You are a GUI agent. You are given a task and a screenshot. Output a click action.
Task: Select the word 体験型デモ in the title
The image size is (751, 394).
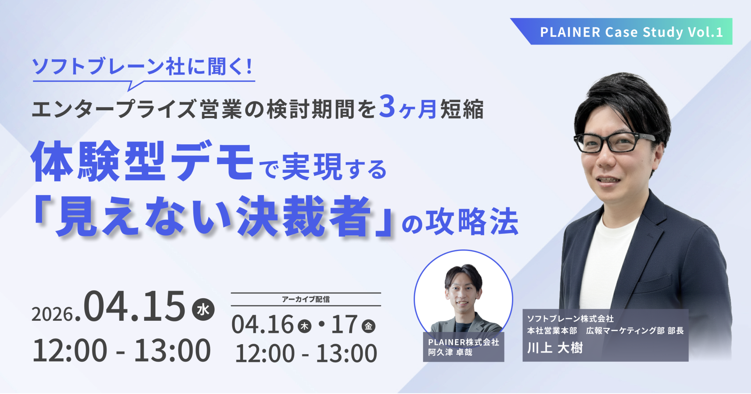point(142,162)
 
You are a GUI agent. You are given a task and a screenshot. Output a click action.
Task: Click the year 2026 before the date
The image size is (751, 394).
point(52,314)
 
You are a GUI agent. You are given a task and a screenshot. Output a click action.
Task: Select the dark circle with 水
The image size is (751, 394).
point(203,310)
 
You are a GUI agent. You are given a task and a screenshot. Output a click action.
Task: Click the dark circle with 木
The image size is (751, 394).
point(305,326)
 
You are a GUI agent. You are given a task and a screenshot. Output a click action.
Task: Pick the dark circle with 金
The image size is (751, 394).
point(368,326)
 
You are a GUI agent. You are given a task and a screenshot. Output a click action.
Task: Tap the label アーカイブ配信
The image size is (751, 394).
point(306,299)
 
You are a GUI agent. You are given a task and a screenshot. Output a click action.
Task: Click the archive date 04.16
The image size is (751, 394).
point(263,324)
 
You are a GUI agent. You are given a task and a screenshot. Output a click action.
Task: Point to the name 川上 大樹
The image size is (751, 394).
point(555,348)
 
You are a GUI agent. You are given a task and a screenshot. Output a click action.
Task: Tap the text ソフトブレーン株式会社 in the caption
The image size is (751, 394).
point(571,318)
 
